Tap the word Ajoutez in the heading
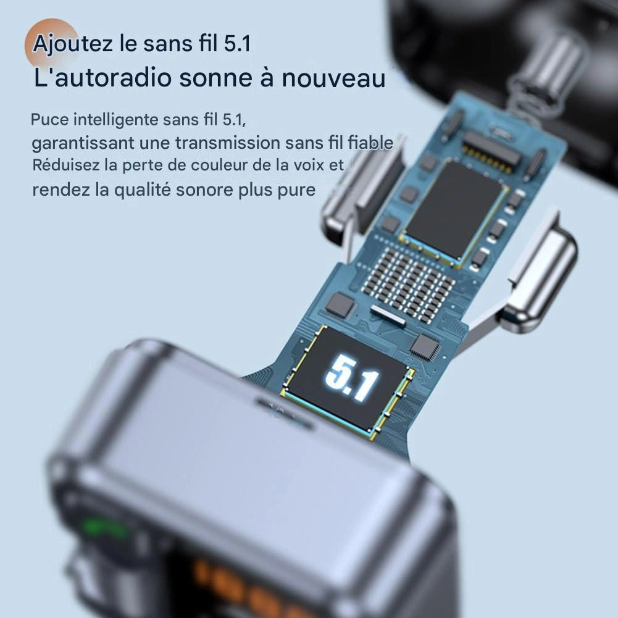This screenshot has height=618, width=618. [72, 44]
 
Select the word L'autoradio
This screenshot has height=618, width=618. [103, 78]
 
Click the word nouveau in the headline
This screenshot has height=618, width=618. [333, 78]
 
